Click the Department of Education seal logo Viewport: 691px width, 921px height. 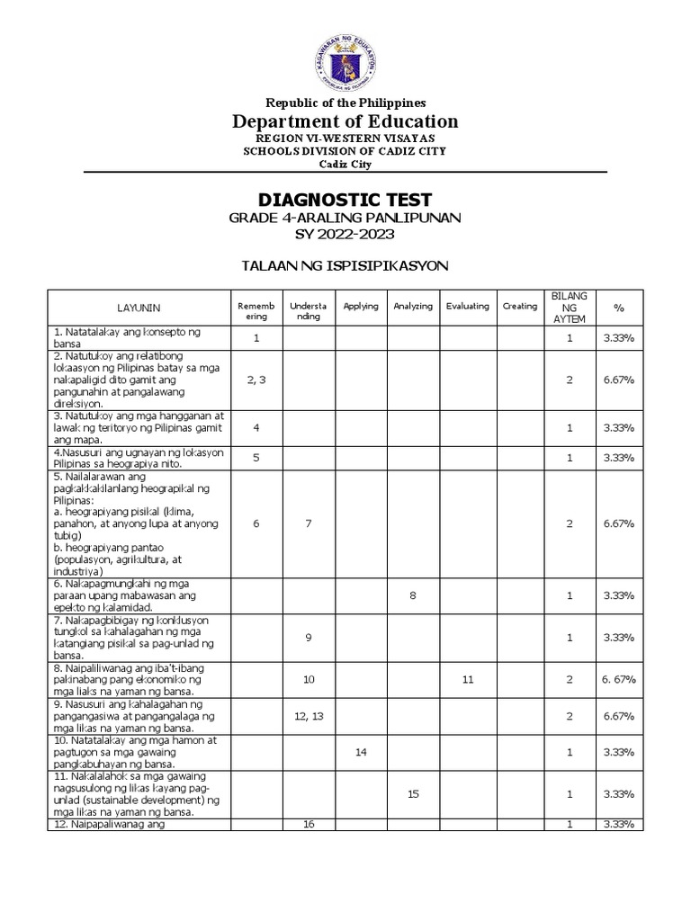[x=346, y=54]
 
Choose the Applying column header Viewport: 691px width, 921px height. [x=361, y=307]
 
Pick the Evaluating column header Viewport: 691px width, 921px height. [x=467, y=307]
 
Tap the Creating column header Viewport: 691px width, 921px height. [x=520, y=307]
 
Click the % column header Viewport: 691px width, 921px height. [x=618, y=308]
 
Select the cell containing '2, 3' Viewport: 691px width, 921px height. [x=256, y=380]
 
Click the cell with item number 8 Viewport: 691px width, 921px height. [x=413, y=595]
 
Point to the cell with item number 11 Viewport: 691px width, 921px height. [x=467, y=680]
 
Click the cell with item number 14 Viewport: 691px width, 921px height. [x=361, y=752]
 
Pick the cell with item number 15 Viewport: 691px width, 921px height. [x=413, y=794]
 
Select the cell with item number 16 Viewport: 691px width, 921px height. [x=309, y=824]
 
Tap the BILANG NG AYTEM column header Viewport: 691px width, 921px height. [x=569, y=308]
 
